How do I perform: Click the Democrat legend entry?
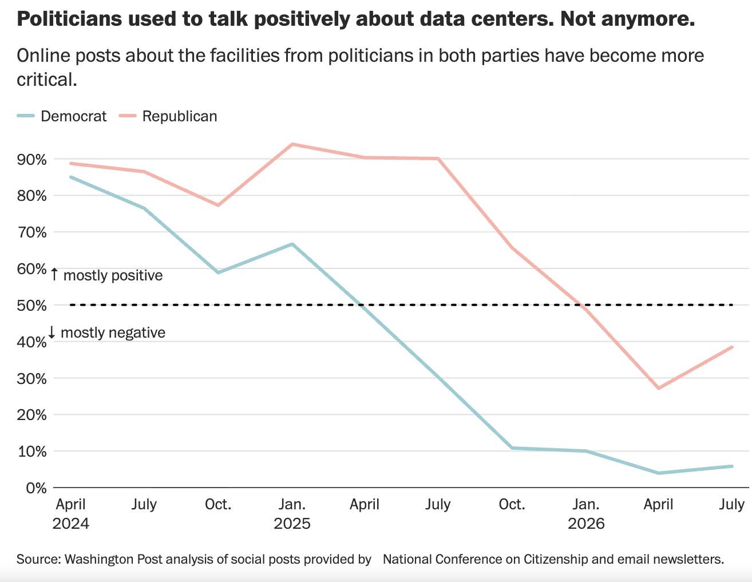(x=62, y=116)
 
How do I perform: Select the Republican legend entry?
(x=168, y=116)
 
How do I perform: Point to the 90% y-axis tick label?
(x=31, y=160)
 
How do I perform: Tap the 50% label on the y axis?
(x=31, y=306)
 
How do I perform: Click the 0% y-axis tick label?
(x=36, y=488)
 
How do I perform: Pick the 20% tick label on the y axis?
(x=31, y=415)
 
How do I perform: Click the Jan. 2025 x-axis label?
(x=292, y=514)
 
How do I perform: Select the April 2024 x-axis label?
(x=70, y=514)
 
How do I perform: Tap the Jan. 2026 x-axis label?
(x=586, y=514)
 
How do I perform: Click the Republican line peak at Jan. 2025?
(x=292, y=144)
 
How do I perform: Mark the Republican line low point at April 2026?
(x=659, y=388)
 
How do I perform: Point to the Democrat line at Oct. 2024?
(x=218, y=272)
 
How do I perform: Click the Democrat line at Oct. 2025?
(x=512, y=448)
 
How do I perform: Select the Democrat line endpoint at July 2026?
(x=732, y=466)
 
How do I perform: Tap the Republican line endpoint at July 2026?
(x=732, y=347)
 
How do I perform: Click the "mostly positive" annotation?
(x=106, y=275)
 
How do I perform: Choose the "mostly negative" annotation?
(x=106, y=332)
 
